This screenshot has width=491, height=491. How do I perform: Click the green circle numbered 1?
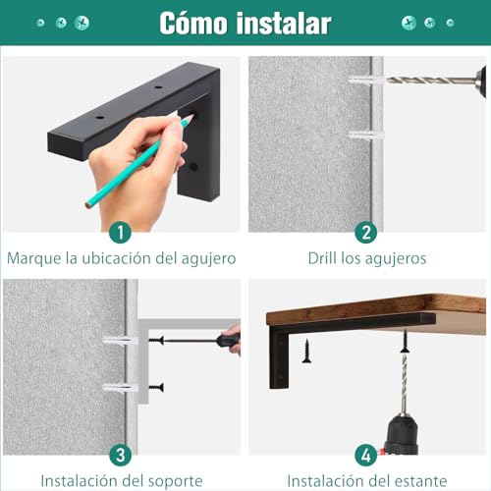pos(121,233)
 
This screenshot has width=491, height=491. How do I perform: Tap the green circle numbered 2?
pos(366,233)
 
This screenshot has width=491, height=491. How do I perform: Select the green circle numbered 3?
pos(121,455)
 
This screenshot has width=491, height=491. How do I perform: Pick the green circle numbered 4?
pos(366,455)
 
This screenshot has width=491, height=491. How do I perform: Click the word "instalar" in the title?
pos(287,23)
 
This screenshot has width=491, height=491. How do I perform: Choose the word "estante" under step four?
pos(420,481)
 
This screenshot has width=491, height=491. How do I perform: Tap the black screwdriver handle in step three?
pos(228,341)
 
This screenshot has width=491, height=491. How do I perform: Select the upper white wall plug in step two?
pos(362,81)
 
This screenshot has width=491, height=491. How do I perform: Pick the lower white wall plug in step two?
pos(362,130)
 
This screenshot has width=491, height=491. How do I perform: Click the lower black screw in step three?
pos(155,387)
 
